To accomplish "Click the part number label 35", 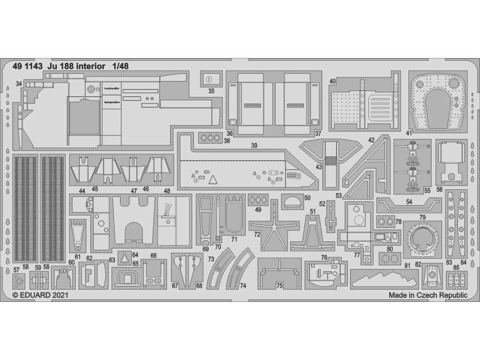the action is point(211,91).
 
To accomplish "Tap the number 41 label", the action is point(409,133).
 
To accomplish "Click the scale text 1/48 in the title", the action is point(120,66).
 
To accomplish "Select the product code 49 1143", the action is point(26,66).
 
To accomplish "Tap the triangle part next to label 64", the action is point(125,257).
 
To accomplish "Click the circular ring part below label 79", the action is point(423,240).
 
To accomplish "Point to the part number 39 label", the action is point(254,146).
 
